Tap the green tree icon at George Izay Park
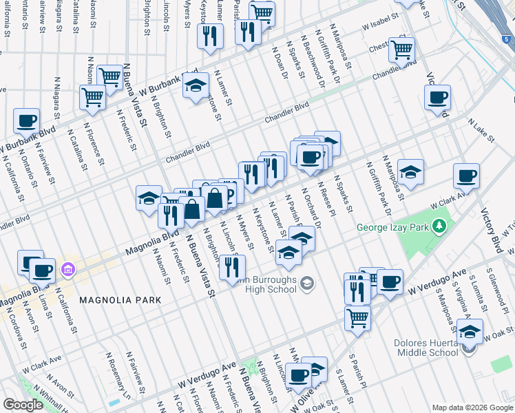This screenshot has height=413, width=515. coord(437,226)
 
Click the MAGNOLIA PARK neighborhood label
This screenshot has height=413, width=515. coord(120,300)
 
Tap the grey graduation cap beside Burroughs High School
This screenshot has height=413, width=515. coord(308,283)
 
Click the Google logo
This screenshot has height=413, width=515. coord(22,405)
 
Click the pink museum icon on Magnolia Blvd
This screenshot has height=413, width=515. coord(67,268)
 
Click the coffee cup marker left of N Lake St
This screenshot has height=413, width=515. coord(437,98)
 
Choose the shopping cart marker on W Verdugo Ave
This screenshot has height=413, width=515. coord(358,317)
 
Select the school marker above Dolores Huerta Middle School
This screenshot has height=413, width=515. coord(470,331)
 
